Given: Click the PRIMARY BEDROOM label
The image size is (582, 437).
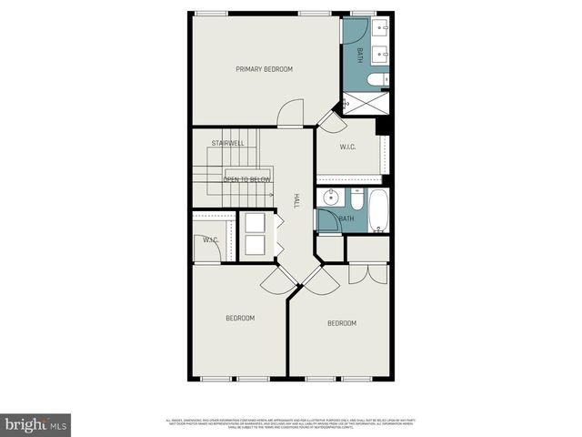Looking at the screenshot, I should point(264,69).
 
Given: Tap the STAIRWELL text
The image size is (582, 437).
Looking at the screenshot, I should point(227,143).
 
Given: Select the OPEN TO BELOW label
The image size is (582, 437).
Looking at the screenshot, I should point(246,179).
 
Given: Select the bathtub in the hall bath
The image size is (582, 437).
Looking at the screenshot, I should point(378,211).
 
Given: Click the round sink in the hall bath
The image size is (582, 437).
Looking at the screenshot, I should point(328,197).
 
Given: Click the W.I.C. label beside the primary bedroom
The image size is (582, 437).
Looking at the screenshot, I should point(347,147).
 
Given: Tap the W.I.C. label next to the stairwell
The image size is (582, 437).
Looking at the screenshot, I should point(210,240).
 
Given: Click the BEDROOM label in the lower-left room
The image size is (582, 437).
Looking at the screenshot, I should point(240,318).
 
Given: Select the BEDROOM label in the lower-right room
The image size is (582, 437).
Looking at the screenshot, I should point(342,323).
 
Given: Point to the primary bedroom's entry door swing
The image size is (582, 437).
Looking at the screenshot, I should point(291,115).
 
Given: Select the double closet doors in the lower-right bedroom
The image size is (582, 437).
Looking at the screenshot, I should point(359,274).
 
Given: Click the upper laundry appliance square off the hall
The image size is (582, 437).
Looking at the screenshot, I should point(252,223).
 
